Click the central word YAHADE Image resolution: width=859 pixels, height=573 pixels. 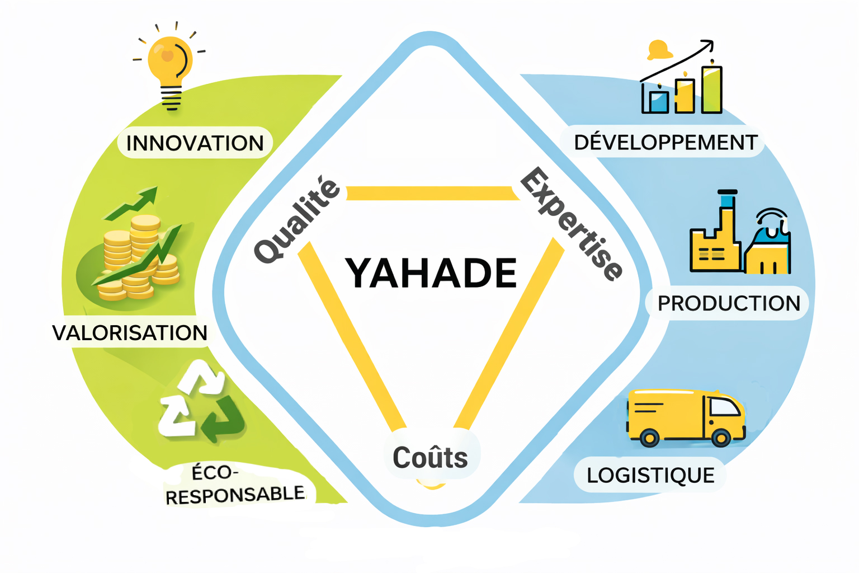pyautogui.click(x=431, y=273)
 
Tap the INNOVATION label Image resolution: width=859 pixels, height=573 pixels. pyautogui.click(x=195, y=143)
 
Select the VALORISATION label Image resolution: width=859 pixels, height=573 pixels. pyautogui.click(x=130, y=333)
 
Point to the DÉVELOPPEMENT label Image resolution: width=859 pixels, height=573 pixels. pyautogui.click(x=666, y=142)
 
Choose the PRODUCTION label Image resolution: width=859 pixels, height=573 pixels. pyautogui.click(x=729, y=303)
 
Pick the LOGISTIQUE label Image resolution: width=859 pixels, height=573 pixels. pyautogui.click(x=650, y=475)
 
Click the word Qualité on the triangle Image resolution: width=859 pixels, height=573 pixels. pyautogui.click(x=296, y=220)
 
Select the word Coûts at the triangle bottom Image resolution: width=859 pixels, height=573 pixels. pyautogui.click(x=430, y=457)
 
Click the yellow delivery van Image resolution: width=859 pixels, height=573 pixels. pyautogui.click(x=686, y=417)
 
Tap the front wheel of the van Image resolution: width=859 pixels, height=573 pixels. pyautogui.click(x=721, y=437)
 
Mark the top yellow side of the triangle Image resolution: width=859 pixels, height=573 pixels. pyautogui.click(x=431, y=193)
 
